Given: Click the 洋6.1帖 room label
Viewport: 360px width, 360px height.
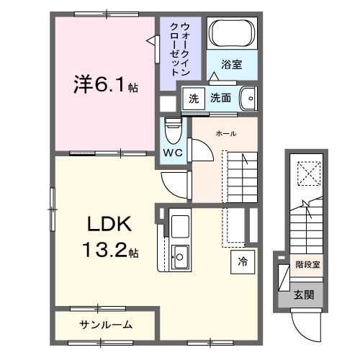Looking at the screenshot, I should pyautogui.click(x=104, y=84).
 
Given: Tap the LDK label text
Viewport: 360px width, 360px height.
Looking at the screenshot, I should pyautogui.click(x=109, y=225).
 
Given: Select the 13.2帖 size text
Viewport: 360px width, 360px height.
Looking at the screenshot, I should pyautogui.click(x=109, y=251).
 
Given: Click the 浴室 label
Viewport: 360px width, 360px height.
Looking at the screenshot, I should pyautogui.click(x=231, y=64).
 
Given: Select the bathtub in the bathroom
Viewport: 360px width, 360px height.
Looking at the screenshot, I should pyautogui.click(x=230, y=33).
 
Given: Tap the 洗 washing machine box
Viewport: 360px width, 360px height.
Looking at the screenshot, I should pyautogui.click(x=192, y=97).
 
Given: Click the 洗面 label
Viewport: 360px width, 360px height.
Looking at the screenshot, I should pyautogui.click(x=222, y=97).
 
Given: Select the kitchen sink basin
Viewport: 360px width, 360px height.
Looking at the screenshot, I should pyautogui.click(x=179, y=254).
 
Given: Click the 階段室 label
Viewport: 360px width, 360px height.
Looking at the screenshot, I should pyautogui.click(x=307, y=264).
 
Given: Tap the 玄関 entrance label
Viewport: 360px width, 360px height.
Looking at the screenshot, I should pyautogui.click(x=303, y=294).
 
